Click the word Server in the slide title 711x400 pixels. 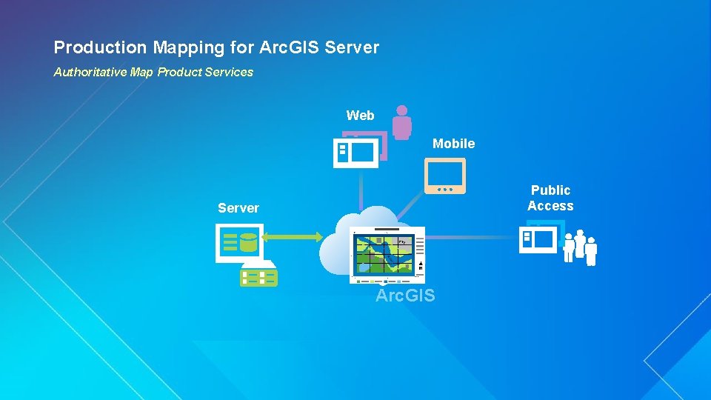pyautogui.click(x=352, y=48)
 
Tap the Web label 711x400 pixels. pyautogui.click(x=361, y=116)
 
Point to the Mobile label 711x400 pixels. pyautogui.click(x=453, y=144)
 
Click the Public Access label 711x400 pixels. pyautogui.click(x=550, y=199)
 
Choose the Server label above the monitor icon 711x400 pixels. pyautogui.click(x=238, y=208)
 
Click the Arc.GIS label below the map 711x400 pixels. pyautogui.click(x=405, y=296)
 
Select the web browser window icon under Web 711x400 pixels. pyautogui.click(x=355, y=153)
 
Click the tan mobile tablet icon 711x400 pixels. pyautogui.click(x=445, y=176)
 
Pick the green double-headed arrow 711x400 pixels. pyautogui.click(x=293, y=237)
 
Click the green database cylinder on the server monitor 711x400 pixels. pyautogui.click(x=248, y=242)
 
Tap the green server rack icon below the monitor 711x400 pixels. pyautogui.click(x=258, y=276)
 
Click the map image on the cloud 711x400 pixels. pyautogui.click(x=387, y=254)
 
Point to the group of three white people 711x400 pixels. pyautogui.click(x=580, y=247)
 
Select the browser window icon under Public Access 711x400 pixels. pyautogui.click(x=538, y=239)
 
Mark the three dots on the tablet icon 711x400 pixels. pyautogui.click(x=445, y=189)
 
